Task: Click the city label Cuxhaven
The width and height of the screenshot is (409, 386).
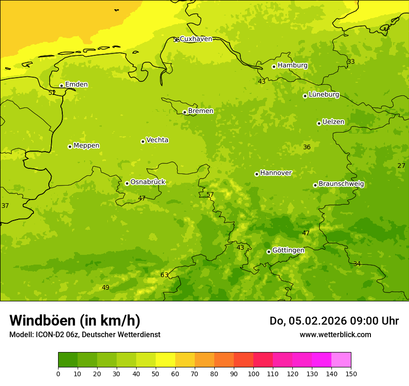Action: coord(196,39)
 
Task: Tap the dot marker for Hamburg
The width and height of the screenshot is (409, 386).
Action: coord(274,67)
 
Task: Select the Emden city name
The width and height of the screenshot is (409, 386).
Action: coord(76,85)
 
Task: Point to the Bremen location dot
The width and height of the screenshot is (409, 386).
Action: coord(185,112)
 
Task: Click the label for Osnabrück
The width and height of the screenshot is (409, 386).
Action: coord(147,182)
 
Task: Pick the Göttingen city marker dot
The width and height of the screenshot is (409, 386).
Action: coord(269,252)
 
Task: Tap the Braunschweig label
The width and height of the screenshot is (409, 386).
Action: coord(341,184)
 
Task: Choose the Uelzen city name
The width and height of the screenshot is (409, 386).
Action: coord(333,122)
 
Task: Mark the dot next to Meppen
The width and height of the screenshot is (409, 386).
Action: coord(70,146)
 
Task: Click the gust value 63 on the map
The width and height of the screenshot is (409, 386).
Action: coord(165,275)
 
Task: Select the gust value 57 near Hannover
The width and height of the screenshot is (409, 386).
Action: coord(210,195)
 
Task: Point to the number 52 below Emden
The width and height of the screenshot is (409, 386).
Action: coord(52,93)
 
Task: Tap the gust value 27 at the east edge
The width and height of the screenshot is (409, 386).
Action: coord(401,166)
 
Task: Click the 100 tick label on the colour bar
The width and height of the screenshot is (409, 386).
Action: coord(253,374)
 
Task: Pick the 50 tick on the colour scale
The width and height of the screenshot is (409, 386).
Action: coord(156,374)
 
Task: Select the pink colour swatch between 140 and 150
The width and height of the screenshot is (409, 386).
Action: coord(341,360)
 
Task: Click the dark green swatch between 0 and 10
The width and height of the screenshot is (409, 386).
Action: coord(68,360)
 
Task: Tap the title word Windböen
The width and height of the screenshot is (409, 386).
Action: coord(42,321)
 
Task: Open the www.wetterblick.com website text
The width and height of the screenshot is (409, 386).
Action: coord(335,335)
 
